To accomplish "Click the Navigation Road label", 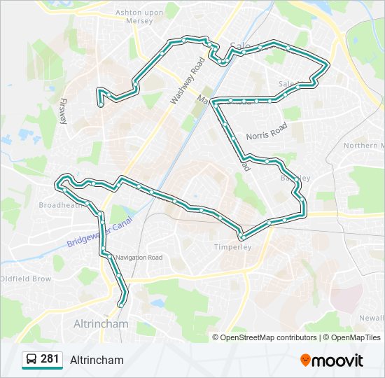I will (x=139, y=258).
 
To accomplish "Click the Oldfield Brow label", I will (x=26, y=279).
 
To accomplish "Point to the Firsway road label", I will (x=64, y=110).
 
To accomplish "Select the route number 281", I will (x=50, y=359).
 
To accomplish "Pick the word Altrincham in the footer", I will (x=97, y=360).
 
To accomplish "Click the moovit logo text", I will (x=337, y=360).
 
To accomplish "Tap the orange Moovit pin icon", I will (x=305, y=360).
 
